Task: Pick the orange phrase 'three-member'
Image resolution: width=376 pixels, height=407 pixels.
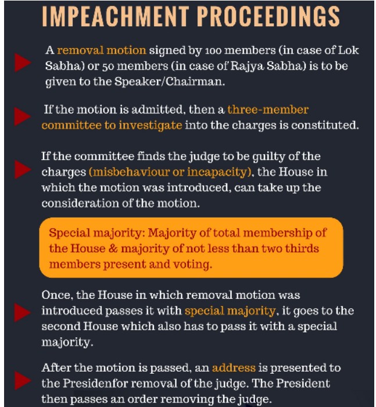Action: pyautogui.click(x=268, y=110)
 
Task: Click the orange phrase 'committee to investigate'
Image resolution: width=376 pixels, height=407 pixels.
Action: pyautogui.click(x=112, y=125)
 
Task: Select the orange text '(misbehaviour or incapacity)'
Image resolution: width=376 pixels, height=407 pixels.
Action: pyautogui.click(x=163, y=173)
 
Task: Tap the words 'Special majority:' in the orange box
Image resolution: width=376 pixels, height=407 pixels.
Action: pyautogui.click(x=97, y=234)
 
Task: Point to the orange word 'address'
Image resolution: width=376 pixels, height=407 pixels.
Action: pyautogui.click(x=234, y=368)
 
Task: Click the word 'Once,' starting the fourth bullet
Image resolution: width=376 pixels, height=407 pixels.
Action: pyautogui.click(x=56, y=295)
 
